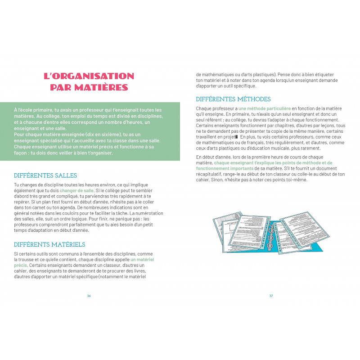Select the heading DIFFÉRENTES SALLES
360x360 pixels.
(x=45, y=175)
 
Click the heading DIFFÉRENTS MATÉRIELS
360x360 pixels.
(x=49, y=244)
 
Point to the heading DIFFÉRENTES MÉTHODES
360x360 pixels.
(x=234, y=99)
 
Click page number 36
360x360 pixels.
(x=89, y=296)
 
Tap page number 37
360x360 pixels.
(x=271, y=296)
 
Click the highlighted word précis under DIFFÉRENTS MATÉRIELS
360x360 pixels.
(x=20, y=265)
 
